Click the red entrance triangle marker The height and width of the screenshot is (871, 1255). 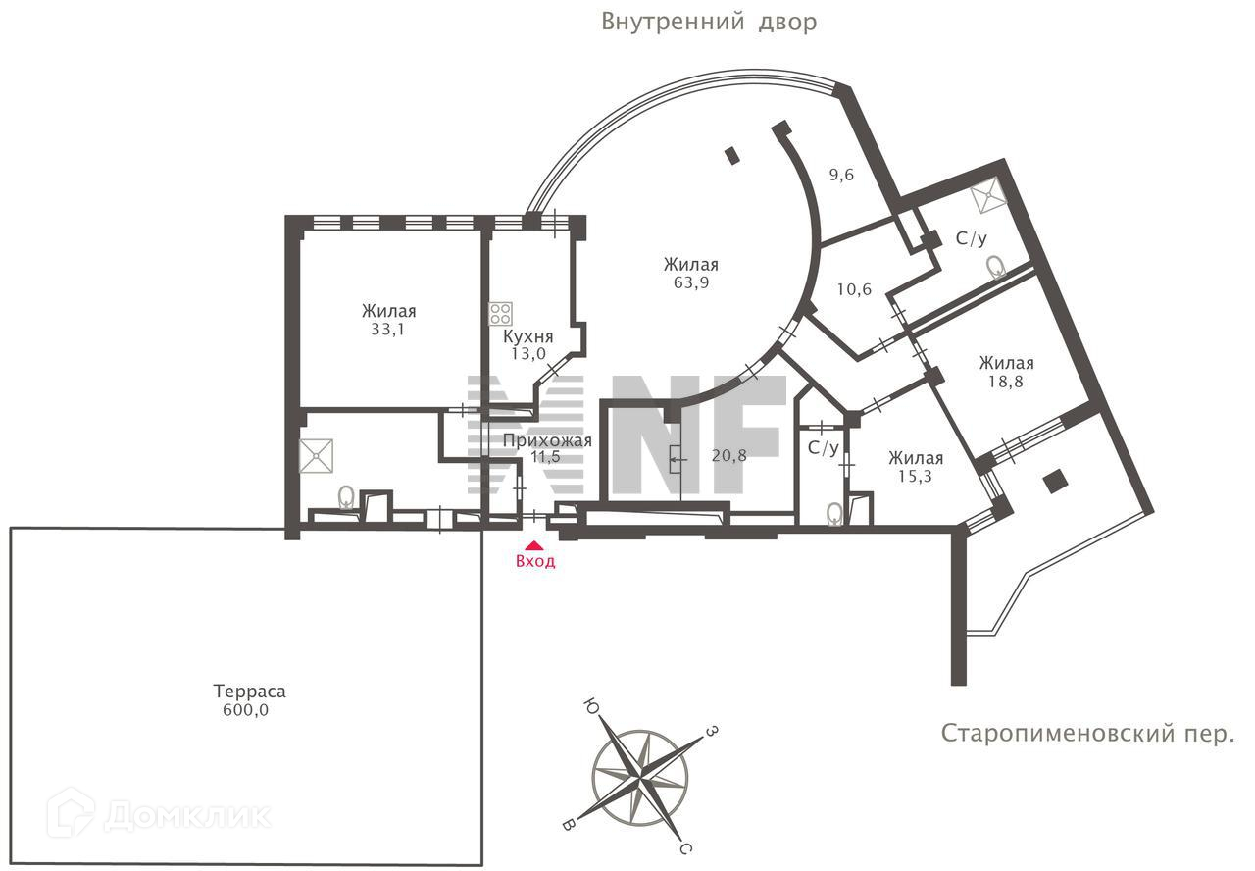[533, 545]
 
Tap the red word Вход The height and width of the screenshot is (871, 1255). [535, 562]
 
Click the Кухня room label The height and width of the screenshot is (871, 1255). [525, 336]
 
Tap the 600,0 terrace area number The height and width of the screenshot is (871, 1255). [245, 710]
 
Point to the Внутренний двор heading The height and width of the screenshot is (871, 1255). [709, 22]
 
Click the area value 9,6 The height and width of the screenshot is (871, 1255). [841, 176]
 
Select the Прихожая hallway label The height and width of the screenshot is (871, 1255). [547, 441]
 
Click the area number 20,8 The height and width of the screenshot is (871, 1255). [729, 456]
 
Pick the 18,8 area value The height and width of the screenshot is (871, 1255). [1005, 382]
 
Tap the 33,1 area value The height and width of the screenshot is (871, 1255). [387, 330]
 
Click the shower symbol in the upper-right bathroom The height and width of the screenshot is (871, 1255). [986, 198]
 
